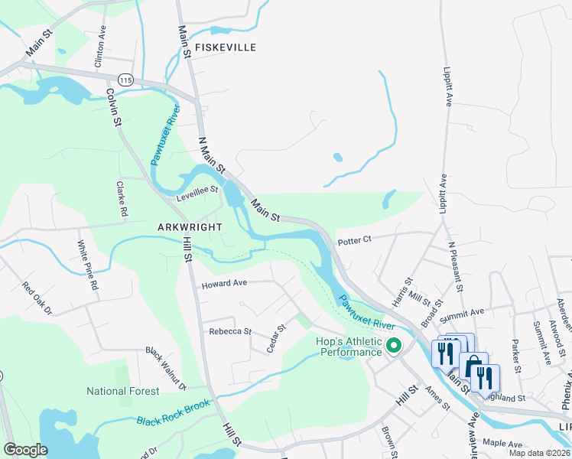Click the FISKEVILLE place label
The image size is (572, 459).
(x=226, y=47)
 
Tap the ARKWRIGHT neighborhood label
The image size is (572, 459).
(x=190, y=227)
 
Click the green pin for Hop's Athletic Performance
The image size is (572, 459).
(x=395, y=346)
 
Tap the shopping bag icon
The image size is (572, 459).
(x=473, y=366)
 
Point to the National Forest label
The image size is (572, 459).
(x=123, y=391)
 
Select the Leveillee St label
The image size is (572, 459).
(x=197, y=188)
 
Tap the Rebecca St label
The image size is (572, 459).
(x=230, y=331)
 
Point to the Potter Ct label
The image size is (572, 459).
(x=353, y=239)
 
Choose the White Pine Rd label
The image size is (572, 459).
(x=87, y=265)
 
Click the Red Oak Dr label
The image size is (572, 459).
(x=36, y=299)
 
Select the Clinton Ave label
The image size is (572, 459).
(x=99, y=48)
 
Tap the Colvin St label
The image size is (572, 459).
(x=115, y=106)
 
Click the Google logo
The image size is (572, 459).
(x=26, y=450)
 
